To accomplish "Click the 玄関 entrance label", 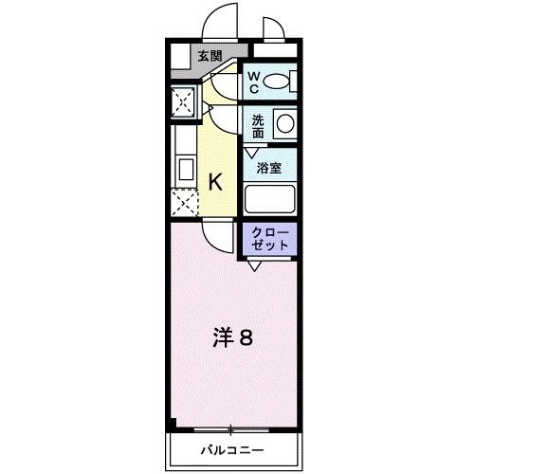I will click(x=210, y=56).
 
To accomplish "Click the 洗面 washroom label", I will click(x=258, y=126).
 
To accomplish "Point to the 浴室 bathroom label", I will click(x=270, y=168).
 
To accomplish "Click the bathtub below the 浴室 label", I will click(x=270, y=200).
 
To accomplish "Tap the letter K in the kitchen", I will click(x=215, y=182).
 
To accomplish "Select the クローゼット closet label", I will click(x=273, y=238).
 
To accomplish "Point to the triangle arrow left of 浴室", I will click(x=250, y=152).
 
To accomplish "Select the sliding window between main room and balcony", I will click(x=232, y=427).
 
